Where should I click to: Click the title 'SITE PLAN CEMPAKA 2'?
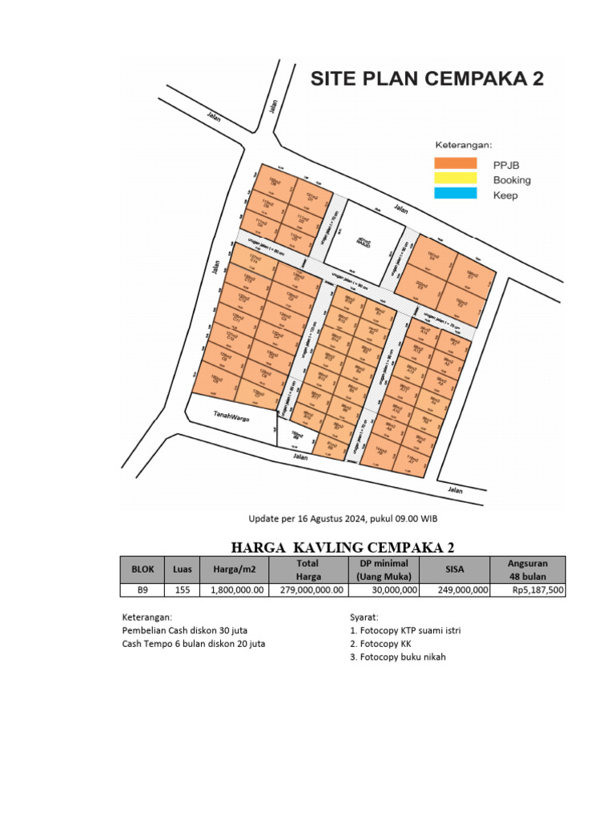pos(427,79)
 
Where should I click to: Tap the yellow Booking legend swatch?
pos(455,179)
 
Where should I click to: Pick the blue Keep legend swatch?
pos(455,194)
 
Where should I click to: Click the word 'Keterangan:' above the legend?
pos(464,146)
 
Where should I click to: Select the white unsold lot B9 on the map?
pos(297,436)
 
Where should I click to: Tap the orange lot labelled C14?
pos(254,260)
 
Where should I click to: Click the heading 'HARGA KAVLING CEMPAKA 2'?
pos(343,548)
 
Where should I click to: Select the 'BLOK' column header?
pos(143,569)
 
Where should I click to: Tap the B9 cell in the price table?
pos(143,590)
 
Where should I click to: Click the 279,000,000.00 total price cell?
pos(308,590)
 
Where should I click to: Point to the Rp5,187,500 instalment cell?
pos(538,590)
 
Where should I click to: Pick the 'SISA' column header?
pos(455,569)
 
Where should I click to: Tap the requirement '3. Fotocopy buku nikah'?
pos(397,657)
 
